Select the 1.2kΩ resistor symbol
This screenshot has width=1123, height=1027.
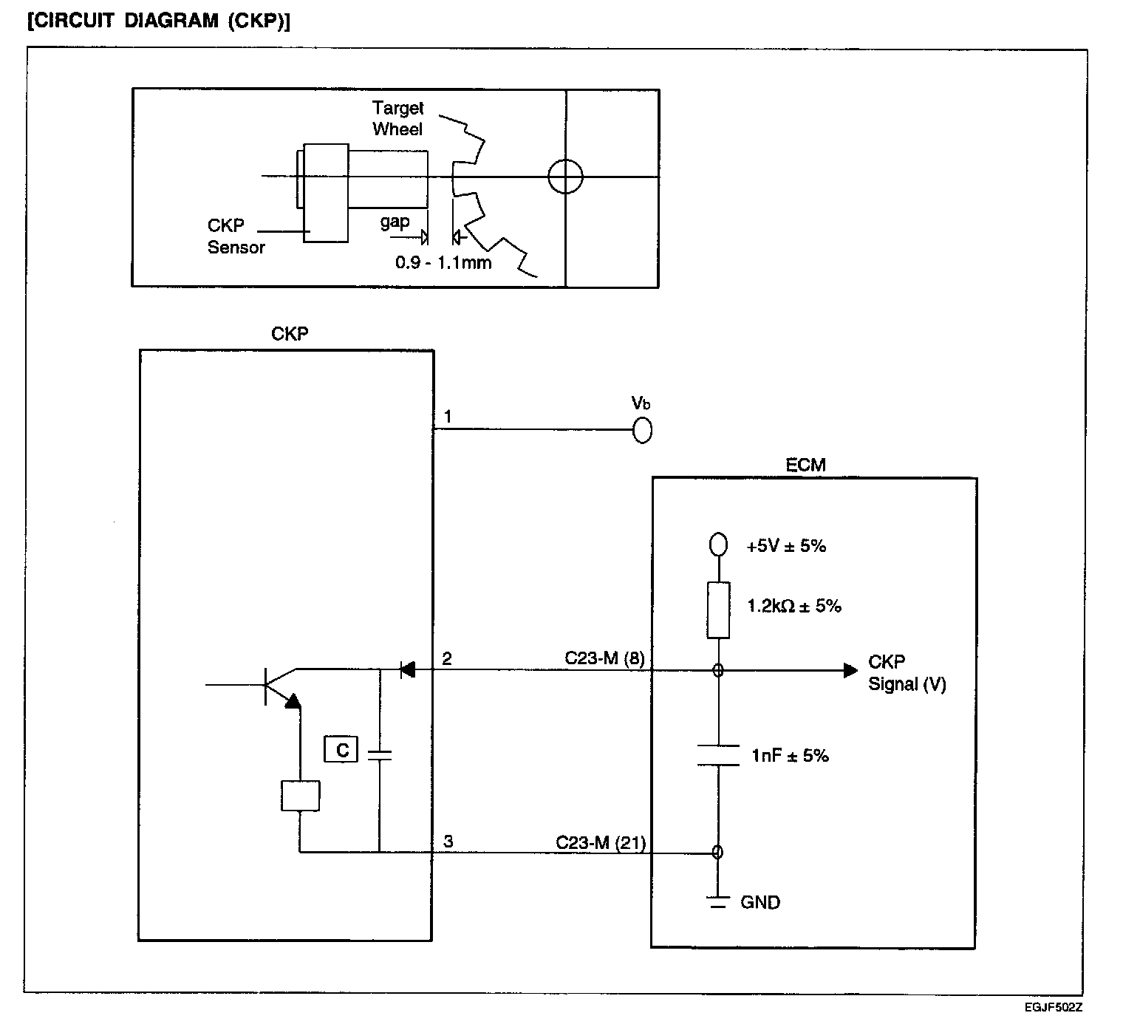click(x=718, y=610)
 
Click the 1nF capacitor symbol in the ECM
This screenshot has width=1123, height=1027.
click(x=718, y=755)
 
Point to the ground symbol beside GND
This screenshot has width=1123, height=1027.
click(x=718, y=902)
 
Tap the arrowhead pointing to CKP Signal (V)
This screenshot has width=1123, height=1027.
click(x=850, y=670)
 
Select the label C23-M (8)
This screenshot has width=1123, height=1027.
click(x=604, y=658)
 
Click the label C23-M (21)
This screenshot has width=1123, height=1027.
click(x=601, y=843)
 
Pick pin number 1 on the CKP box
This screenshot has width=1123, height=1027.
click(x=448, y=417)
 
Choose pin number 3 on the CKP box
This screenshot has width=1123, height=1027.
click(x=448, y=841)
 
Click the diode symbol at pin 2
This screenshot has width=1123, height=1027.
click(x=408, y=669)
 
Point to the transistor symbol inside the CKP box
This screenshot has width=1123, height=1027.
click(x=280, y=686)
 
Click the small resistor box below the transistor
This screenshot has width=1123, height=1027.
click(x=300, y=796)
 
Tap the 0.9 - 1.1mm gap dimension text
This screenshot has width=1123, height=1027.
click(x=443, y=262)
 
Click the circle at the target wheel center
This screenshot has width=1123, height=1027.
click(x=565, y=177)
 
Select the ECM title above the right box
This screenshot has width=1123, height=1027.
click(x=805, y=465)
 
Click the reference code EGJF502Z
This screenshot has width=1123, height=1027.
click(x=1053, y=1007)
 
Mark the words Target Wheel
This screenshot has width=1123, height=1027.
click(x=398, y=118)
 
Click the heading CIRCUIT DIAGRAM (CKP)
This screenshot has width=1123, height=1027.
click(x=159, y=21)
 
